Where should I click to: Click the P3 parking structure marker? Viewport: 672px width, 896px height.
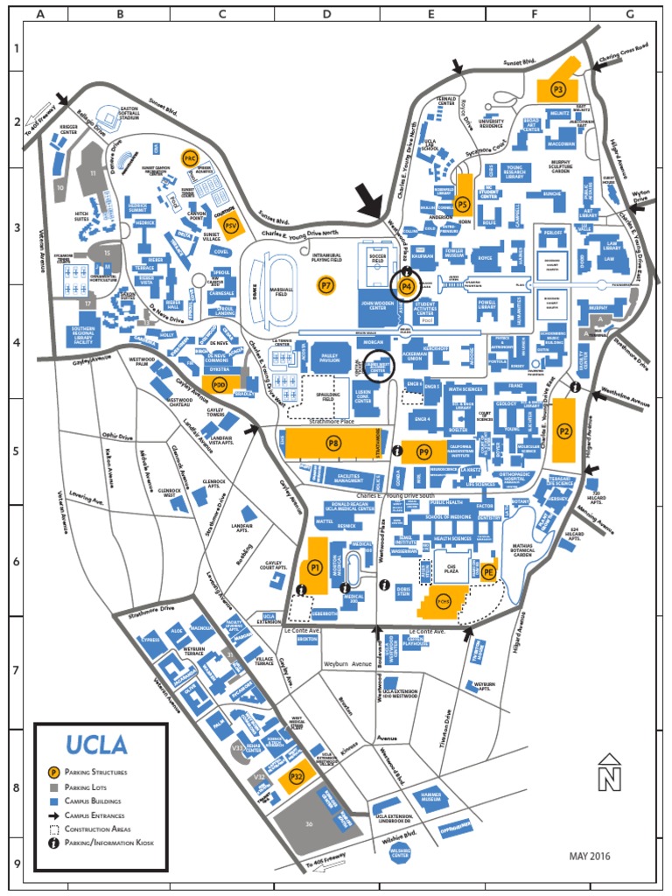coord(557,88)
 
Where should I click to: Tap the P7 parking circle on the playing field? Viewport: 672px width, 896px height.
coord(326,285)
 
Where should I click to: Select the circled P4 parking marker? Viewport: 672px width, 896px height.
coord(405,285)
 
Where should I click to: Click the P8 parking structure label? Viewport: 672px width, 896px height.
coord(333,443)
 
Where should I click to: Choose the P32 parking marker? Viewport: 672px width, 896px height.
coord(297,775)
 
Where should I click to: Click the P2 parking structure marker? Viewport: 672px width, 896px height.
coord(563,430)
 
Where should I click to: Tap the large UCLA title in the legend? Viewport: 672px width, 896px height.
coord(96,745)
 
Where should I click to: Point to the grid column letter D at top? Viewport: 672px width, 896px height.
coord(327,15)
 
